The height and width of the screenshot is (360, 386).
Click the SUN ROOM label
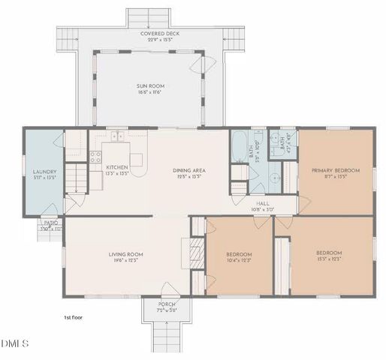click(150, 86)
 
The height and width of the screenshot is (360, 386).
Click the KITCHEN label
click(116, 166)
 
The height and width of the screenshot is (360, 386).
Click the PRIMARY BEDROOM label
click(336, 170)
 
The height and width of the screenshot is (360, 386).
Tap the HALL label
click(262, 202)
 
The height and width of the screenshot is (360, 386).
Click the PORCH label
click(166, 304)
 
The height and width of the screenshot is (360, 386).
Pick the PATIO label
click(50, 223)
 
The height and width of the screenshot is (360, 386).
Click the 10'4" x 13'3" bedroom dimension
click(239, 261)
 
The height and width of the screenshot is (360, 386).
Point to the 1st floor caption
click(74, 318)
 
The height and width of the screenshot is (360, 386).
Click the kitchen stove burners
click(95, 157)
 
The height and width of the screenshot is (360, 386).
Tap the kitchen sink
click(117, 137)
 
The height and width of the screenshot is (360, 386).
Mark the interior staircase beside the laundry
click(75, 180)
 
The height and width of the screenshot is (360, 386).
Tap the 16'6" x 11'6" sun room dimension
click(150, 92)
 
